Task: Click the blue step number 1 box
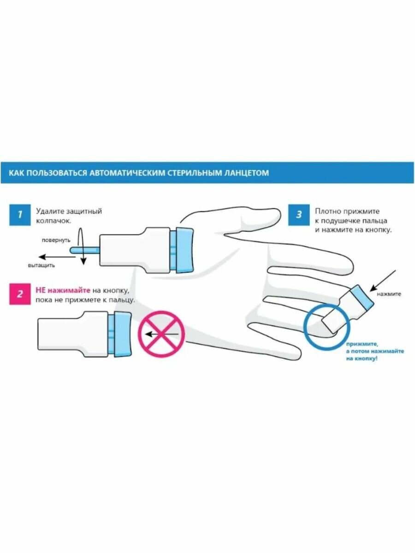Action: pos(19,214)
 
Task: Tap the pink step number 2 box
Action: pos(19,294)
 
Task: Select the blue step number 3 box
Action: pos(299,214)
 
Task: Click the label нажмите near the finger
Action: pos(389,294)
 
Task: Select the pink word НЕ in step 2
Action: pos(41,290)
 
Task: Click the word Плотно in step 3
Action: pos(327,211)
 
